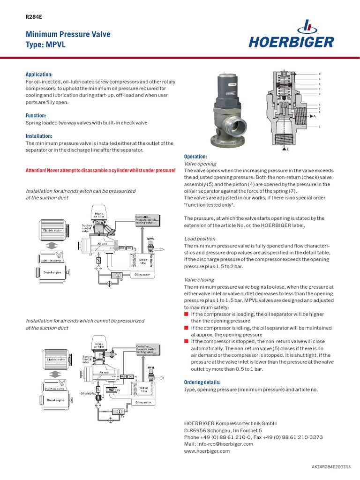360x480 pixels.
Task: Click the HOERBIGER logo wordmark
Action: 291,42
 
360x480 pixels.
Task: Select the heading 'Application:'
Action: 39,75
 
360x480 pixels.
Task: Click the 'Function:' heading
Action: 36,115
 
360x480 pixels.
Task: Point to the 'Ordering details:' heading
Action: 202,382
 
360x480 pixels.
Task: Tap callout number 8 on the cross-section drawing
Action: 320,75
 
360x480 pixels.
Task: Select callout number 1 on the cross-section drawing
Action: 320,127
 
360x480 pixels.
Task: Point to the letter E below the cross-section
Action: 287,149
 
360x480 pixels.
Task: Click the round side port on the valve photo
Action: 241,126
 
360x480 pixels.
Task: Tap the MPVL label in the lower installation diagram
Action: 151,367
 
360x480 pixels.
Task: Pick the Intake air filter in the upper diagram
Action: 99,215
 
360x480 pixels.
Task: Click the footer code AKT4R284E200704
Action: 331,467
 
